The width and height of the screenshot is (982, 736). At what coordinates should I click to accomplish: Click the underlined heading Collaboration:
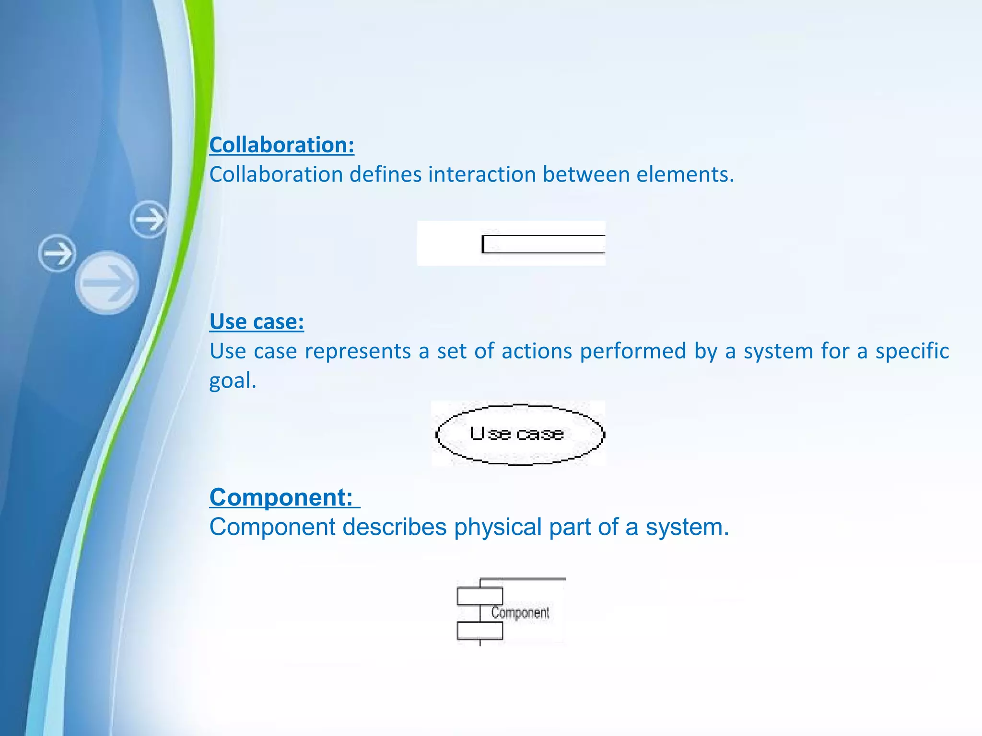click(x=281, y=145)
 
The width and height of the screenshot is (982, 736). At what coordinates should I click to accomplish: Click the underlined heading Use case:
click(x=257, y=321)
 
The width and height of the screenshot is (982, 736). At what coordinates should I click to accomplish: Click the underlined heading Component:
click(x=281, y=497)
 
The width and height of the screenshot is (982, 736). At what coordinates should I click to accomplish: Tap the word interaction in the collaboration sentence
click(x=482, y=174)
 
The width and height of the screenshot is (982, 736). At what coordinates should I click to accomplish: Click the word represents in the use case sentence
click(x=358, y=351)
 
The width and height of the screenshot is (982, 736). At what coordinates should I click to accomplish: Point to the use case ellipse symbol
click(x=520, y=434)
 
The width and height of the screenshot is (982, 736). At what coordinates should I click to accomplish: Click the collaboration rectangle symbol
click(x=544, y=244)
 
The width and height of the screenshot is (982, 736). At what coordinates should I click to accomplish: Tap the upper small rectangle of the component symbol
click(x=479, y=596)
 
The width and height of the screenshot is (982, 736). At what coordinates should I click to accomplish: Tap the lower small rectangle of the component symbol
click(x=479, y=631)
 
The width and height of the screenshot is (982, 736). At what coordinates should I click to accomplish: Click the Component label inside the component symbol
click(x=520, y=613)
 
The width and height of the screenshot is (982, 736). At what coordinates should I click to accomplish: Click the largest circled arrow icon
click(x=107, y=283)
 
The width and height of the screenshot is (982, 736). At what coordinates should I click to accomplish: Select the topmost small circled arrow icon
click(x=149, y=219)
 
